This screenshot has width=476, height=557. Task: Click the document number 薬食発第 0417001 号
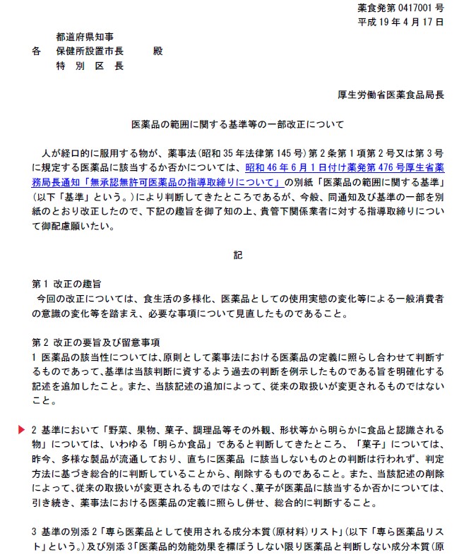[400, 9]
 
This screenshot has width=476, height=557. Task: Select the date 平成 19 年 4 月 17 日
[401, 23]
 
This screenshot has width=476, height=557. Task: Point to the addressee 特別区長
[90, 66]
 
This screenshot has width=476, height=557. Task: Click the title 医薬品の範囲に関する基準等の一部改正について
[238, 124]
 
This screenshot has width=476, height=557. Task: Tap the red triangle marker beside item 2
[23, 430]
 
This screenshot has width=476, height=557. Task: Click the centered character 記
[238, 255]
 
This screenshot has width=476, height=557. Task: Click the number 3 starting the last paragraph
[35, 532]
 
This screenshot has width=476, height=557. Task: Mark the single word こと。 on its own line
[43, 400]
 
